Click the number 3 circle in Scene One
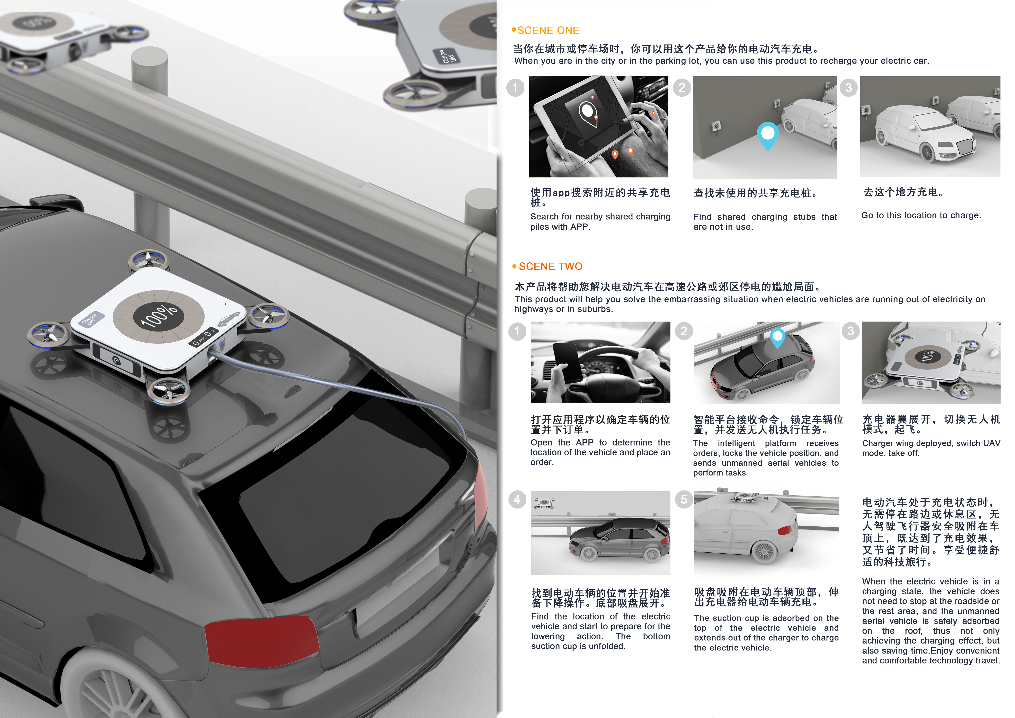tap(848, 88)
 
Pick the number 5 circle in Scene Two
tap(684, 500)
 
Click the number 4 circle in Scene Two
tap(517, 500)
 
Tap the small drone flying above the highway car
tap(545, 503)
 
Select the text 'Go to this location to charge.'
tap(921, 215)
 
